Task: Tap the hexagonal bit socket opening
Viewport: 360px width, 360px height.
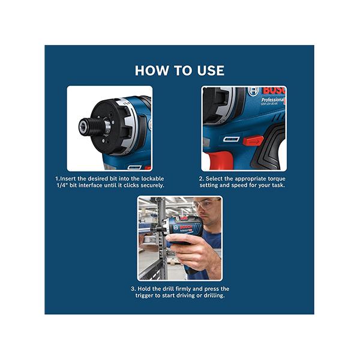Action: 82,127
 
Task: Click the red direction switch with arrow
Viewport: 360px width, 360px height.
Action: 253,140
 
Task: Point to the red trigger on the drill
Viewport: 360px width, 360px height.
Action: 221,160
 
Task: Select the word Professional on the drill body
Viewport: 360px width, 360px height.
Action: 272,100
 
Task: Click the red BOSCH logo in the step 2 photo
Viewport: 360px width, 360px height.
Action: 274,91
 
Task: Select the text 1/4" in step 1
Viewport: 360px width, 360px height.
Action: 62,185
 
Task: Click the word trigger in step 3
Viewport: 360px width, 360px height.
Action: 145,295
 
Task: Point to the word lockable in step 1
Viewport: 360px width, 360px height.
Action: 152,179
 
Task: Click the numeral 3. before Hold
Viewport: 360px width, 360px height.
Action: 133,289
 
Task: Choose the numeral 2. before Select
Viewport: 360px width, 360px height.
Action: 202,179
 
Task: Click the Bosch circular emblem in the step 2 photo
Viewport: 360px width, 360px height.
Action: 253,91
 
